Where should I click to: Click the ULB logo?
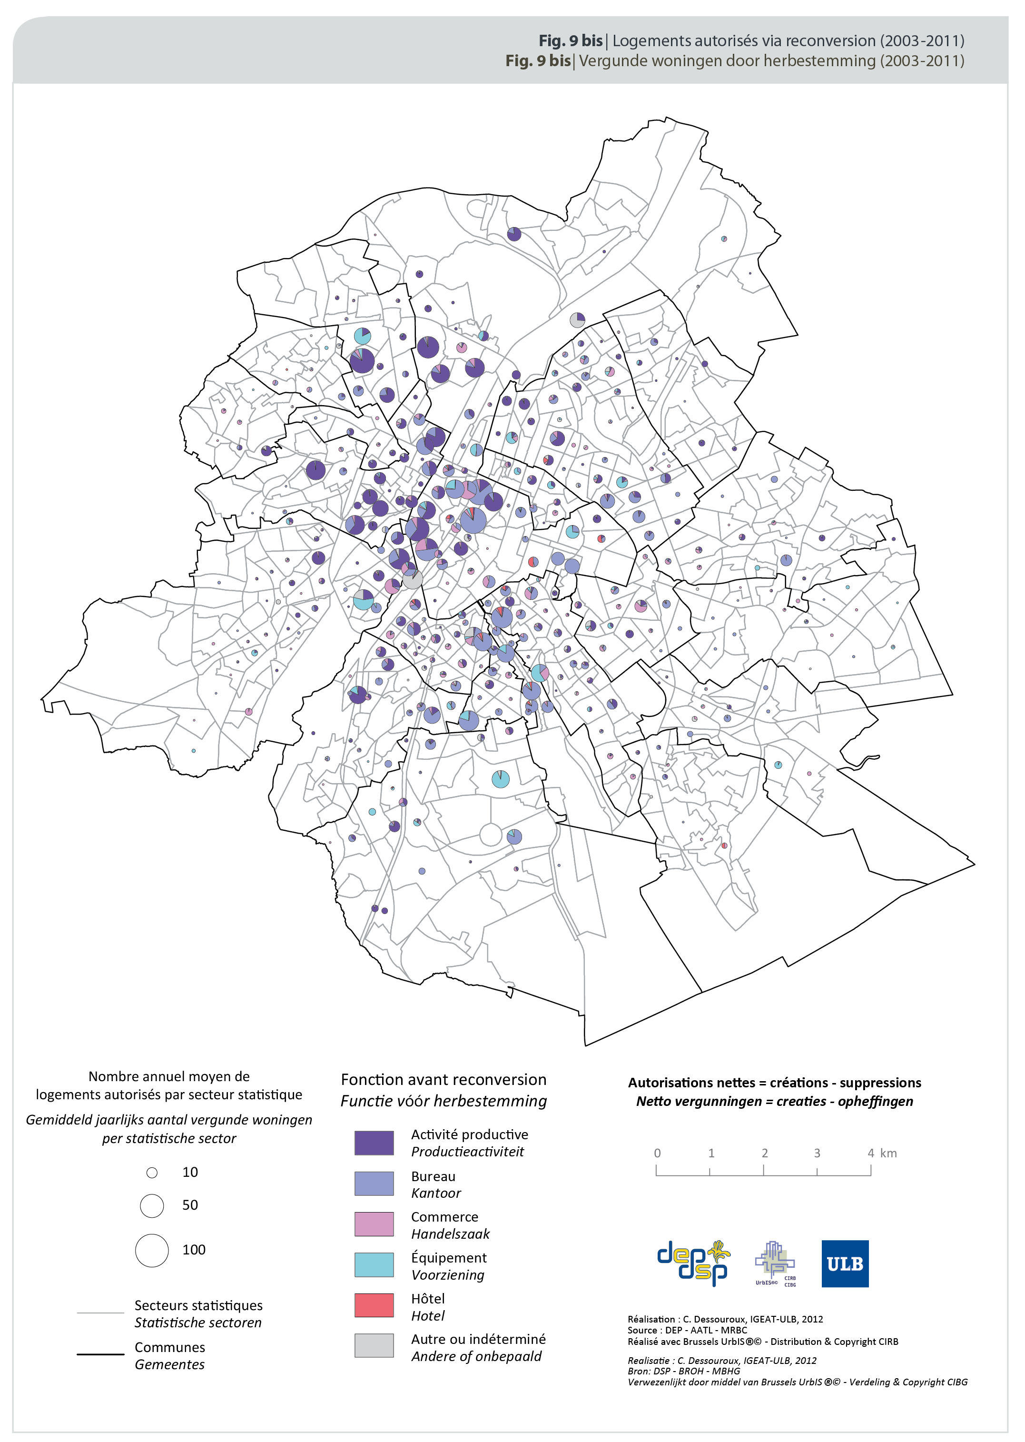(x=845, y=1263)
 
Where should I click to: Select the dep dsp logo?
(x=693, y=1263)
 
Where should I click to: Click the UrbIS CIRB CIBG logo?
(x=775, y=1263)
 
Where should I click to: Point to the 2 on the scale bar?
(x=764, y=1153)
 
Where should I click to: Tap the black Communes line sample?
(x=100, y=1354)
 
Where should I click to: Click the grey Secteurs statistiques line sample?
(x=100, y=1313)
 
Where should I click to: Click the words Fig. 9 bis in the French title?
(x=570, y=40)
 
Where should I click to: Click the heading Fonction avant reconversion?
(x=443, y=1080)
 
